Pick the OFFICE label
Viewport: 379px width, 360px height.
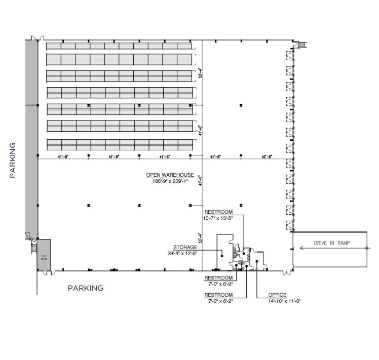coord(278,295)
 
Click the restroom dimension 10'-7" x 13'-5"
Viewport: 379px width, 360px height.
coord(218,218)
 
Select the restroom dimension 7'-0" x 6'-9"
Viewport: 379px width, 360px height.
coord(218,284)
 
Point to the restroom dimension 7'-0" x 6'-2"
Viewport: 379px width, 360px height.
coord(218,301)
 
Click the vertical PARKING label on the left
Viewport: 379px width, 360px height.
coord(13,160)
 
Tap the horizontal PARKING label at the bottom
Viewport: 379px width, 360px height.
coord(86,288)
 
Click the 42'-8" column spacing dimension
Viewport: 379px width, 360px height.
coord(267,156)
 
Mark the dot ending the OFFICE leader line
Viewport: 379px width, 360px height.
coord(257,262)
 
